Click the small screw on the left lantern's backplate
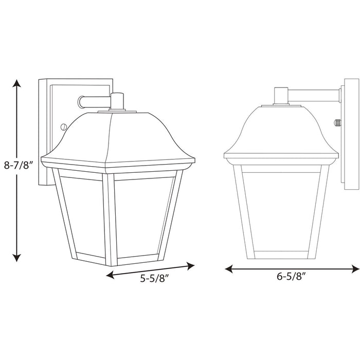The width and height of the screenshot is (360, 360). [x=63, y=126]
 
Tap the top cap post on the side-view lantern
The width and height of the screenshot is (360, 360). [x=280, y=96]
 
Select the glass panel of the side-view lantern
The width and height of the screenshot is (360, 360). [x=281, y=211]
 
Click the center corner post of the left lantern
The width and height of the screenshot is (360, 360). [x=109, y=216]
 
